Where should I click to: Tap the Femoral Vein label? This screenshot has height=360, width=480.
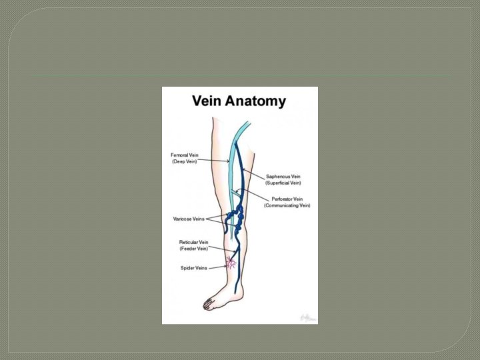pyautogui.click(x=185, y=155)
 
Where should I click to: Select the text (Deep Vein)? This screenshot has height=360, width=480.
pyautogui.click(x=185, y=161)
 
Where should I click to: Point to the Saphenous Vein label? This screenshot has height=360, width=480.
pyautogui.click(x=283, y=177)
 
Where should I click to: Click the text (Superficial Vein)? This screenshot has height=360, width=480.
pyautogui.click(x=283, y=183)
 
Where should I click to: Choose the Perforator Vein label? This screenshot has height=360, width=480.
pyautogui.click(x=287, y=199)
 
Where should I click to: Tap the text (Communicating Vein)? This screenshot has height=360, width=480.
pyautogui.click(x=287, y=205)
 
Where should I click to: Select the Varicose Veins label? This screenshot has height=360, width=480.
pyautogui.click(x=189, y=219)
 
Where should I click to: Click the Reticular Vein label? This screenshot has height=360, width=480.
pyautogui.click(x=193, y=242)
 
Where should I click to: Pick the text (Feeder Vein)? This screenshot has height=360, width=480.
pyautogui.click(x=193, y=248)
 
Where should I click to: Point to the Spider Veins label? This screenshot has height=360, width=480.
pyautogui.click(x=193, y=268)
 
